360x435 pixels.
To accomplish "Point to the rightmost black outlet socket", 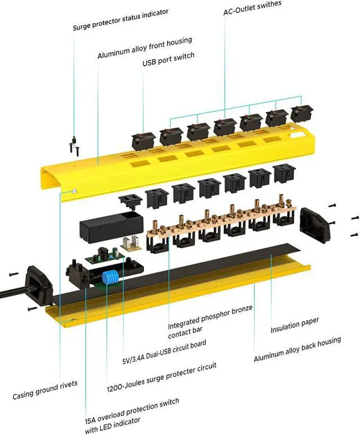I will click(284, 174).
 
